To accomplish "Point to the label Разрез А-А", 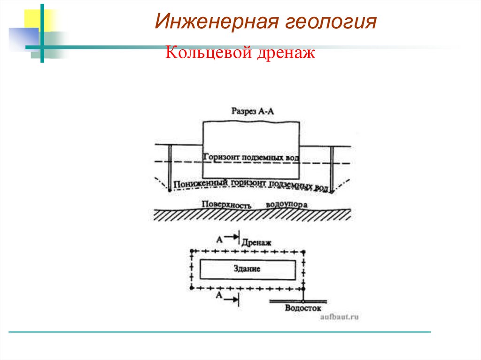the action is coord(252,111).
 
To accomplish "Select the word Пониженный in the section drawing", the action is coord(200,183).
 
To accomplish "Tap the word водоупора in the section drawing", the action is coord(287,205).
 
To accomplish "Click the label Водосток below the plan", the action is coord(303,308).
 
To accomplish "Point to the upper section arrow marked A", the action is coord(229,238).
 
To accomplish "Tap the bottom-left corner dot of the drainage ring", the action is coord(192,287).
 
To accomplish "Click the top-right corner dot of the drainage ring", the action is coord(304,252).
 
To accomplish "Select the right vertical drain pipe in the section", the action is coord(332,168).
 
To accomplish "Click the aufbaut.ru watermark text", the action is coord(339,317).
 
